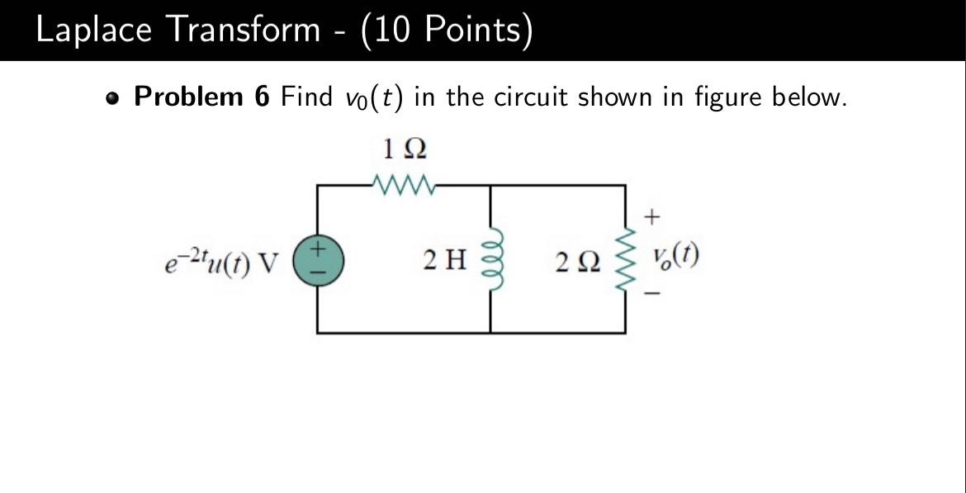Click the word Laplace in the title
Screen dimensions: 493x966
point(93,30)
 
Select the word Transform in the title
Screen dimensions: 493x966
point(244,30)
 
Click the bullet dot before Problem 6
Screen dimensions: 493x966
point(112,99)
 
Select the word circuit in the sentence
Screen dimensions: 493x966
point(531,97)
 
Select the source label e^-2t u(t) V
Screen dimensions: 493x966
point(222,260)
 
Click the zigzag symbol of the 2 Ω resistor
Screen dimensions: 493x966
point(626,258)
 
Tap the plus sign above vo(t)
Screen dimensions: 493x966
point(652,217)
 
